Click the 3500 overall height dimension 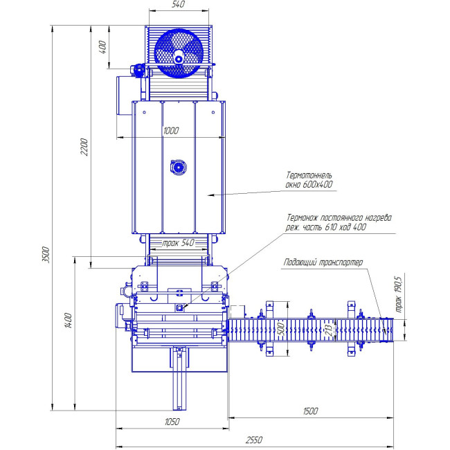click(x=46, y=254)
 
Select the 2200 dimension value click(x=84, y=147)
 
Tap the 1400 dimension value click(x=69, y=321)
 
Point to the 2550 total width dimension click(x=254, y=440)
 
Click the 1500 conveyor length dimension click(x=310, y=411)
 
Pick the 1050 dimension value click(x=172, y=422)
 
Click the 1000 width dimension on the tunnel click(x=171, y=131)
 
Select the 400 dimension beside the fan click(x=102, y=47)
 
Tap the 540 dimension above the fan click(x=178, y=4)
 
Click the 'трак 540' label click(x=179, y=243)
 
